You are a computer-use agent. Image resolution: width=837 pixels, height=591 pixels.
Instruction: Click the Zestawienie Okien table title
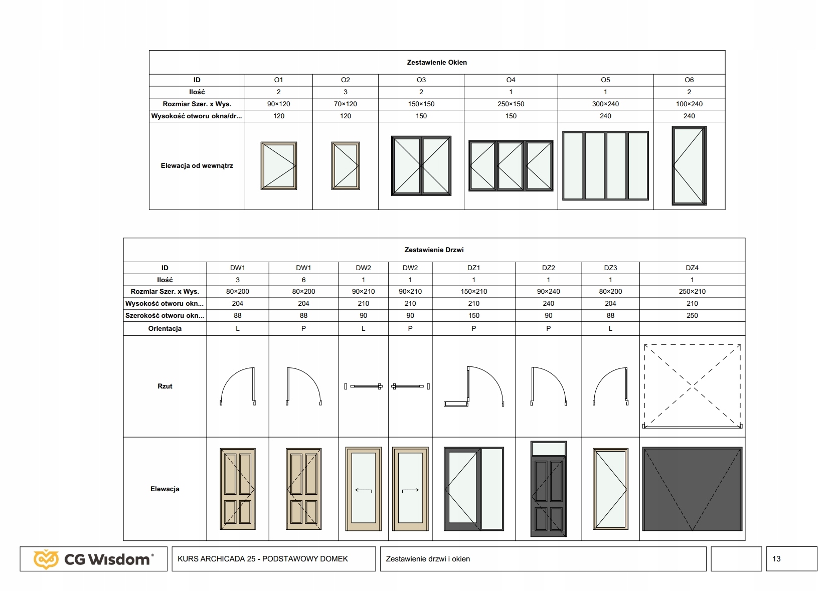[x=437, y=62]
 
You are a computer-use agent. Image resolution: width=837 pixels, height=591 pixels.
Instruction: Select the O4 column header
[x=511, y=80]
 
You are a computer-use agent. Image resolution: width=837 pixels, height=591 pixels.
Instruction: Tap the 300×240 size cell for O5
[x=605, y=104]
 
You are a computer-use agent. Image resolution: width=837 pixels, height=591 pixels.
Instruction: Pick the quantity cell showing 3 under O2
[x=345, y=92]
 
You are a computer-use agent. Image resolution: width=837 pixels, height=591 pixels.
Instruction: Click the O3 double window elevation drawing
[x=421, y=165]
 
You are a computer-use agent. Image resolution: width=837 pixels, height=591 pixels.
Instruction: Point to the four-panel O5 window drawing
[x=605, y=165]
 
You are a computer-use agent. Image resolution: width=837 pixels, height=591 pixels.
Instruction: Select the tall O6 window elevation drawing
[x=689, y=165]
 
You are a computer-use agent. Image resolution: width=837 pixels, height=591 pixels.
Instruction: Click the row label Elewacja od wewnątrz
[x=197, y=165]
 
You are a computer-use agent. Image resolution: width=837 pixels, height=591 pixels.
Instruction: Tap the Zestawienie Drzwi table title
[x=434, y=250]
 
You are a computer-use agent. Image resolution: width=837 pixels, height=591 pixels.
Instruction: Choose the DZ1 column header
[x=473, y=268]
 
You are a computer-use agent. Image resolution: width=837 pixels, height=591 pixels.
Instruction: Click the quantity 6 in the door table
[x=303, y=280]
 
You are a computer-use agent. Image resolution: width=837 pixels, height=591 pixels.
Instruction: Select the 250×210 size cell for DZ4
[x=692, y=291]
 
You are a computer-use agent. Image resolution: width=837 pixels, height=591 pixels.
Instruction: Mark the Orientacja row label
[x=165, y=329]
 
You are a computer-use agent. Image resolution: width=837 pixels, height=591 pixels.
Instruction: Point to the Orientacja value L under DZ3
[x=610, y=329]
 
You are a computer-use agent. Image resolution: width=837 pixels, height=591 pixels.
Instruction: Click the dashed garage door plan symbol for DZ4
[x=692, y=386]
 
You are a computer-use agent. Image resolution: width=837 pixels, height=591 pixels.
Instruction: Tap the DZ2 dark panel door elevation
[x=548, y=489]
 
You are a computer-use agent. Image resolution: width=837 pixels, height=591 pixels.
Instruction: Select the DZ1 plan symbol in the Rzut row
[x=474, y=386]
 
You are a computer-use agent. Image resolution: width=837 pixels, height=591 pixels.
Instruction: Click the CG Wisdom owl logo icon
[x=46, y=559]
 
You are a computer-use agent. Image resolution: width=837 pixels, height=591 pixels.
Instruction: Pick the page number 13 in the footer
[x=776, y=559]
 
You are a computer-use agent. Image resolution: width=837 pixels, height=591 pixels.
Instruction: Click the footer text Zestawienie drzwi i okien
[x=428, y=559]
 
